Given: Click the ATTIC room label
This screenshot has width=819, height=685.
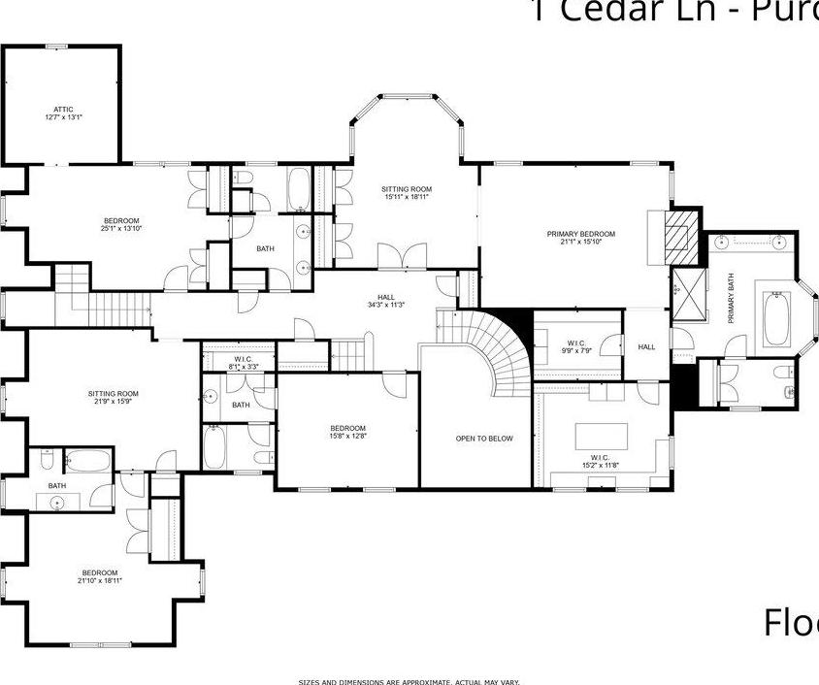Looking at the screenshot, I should pos(64,109).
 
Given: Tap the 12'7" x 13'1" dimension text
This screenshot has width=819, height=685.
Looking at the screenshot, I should pos(64,117).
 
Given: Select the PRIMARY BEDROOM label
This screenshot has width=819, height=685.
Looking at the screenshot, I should pos(580,234).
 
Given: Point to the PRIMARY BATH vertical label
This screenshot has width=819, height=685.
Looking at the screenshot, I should pos(731,298).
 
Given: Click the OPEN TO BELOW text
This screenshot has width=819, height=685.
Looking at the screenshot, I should pos(484,439).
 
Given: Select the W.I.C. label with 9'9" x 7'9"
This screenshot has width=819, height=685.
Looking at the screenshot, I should pos(575,342).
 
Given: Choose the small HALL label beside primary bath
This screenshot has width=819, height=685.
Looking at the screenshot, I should pos(646,346).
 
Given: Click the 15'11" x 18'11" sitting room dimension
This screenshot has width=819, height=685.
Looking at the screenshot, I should pos(406,197).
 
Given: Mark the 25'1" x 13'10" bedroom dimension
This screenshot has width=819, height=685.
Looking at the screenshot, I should pos(121,229).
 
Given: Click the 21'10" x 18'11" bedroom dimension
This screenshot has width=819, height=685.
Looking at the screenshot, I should pos(100,580).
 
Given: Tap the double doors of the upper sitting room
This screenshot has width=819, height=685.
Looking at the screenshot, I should pos(402,256).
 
